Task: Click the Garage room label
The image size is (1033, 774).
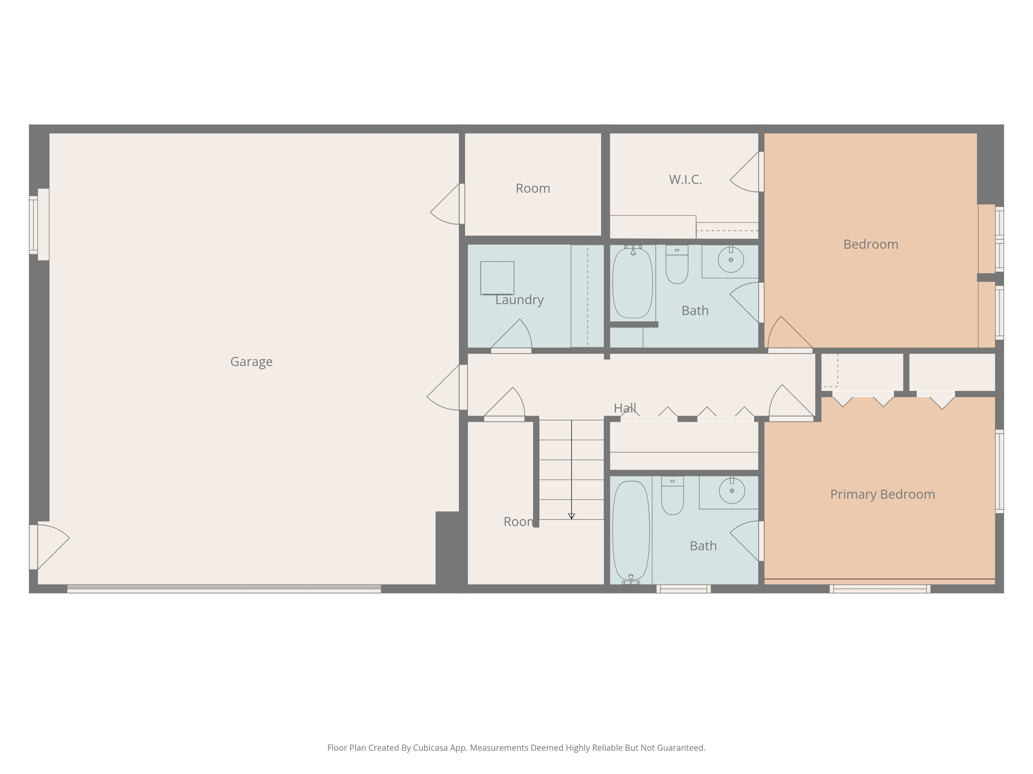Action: tap(251, 362)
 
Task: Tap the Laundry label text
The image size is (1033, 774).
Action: tap(519, 300)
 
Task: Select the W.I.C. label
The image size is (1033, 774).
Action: tap(685, 179)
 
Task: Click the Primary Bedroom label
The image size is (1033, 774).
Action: tap(882, 494)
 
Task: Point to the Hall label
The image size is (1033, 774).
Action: tap(624, 408)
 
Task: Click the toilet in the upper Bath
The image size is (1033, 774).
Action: tap(677, 265)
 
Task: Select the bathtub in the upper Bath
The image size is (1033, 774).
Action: tap(633, 283)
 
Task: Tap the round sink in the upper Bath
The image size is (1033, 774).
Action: tap(730, 260)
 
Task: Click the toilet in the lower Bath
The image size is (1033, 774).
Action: tap(672, 496)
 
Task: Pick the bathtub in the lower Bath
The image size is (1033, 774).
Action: tap(630, 530)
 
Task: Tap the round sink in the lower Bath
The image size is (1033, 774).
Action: tap(732, 490)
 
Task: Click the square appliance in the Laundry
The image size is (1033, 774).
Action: tap(497, 278)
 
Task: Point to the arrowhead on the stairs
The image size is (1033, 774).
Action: tap(571, 516)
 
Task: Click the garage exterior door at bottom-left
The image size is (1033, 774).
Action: tap(49, 547)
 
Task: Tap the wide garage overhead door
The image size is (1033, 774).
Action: tap(224, 589)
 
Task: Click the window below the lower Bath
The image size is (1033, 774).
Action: tap(683, 589)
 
